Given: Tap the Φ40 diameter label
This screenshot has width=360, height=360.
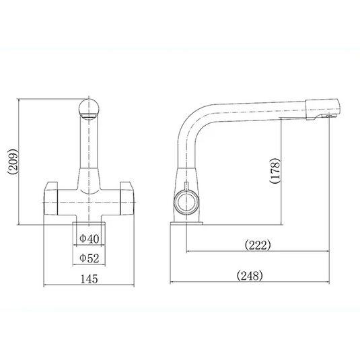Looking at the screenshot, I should pyautogui.click(x=89, y=238).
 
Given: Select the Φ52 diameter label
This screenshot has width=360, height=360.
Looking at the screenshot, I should pyautogui.click(x=89, y=257).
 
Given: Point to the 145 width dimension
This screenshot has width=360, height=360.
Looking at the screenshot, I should pyautogui.click(x=89, y=278).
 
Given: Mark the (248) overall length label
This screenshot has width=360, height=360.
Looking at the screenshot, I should pyautogui.click(x=250, y=275).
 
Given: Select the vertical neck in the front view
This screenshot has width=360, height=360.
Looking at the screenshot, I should pyautogui.click(x=89, y=151).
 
